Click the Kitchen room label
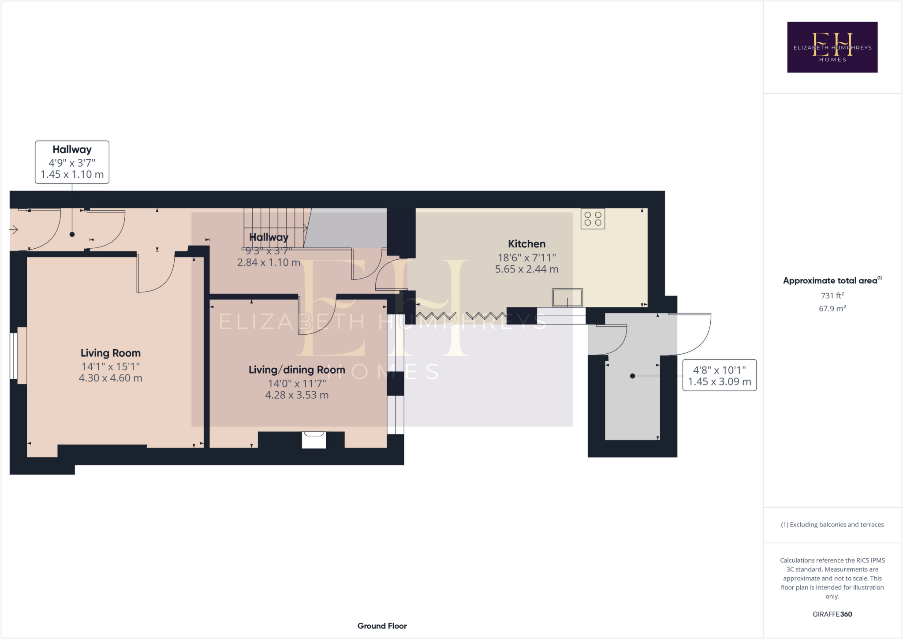526,244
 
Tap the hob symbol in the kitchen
593,219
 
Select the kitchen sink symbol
567,298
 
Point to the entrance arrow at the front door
14,230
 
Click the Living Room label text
110,353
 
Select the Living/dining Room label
297,370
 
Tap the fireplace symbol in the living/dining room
314,440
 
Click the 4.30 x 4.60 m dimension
110,378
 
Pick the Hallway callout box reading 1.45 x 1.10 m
72,162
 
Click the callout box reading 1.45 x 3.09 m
719,376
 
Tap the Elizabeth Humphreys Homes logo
832,47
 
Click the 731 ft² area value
832,295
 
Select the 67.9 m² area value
832,309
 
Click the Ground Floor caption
382,626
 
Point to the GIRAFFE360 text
832,614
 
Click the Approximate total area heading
831,280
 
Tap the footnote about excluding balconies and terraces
832,525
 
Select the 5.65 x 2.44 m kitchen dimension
526,269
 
